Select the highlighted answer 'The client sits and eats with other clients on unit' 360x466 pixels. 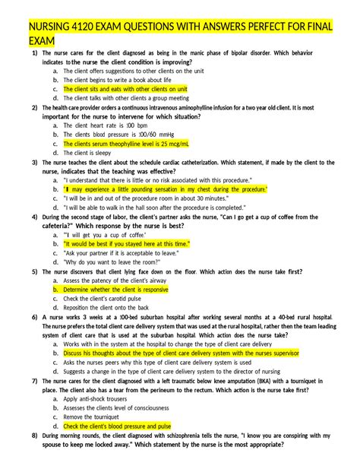point(125,88)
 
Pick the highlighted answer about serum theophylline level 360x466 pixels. point(126,143)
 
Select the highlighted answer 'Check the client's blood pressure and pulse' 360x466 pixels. point(117,426)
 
